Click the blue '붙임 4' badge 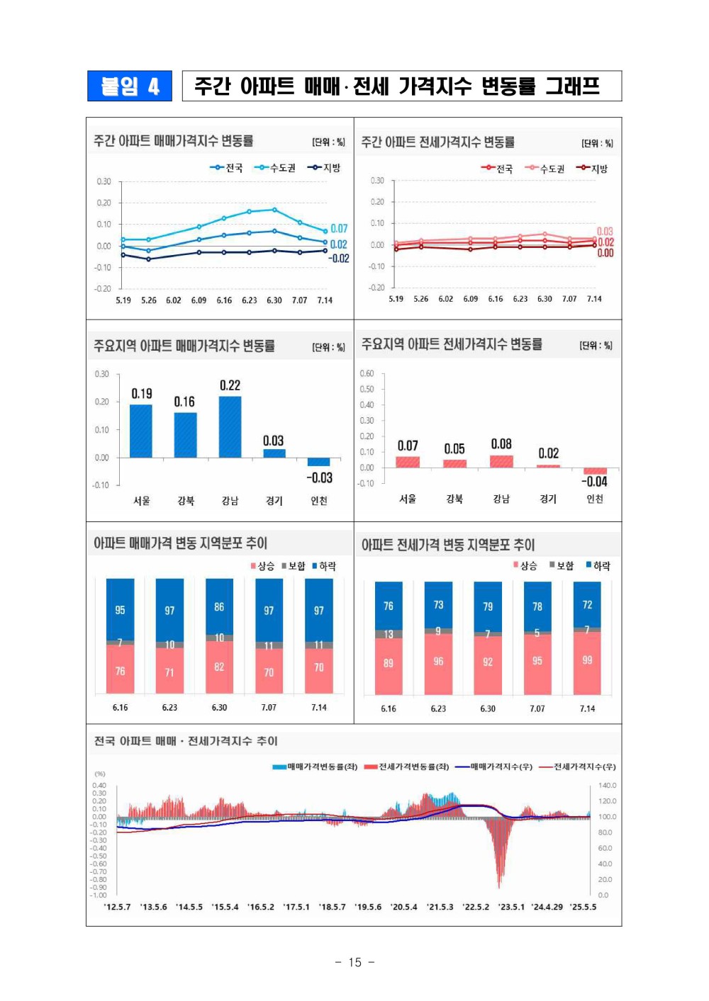pos(130,86)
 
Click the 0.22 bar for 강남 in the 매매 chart pos(230,426)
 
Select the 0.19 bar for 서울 pos(140,431)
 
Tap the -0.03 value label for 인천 pos(319,478)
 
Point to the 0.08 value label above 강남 pos(501,444)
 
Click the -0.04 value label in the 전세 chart pos(594,482)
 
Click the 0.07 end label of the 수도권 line pos(339,229)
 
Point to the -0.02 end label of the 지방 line pos(339,259)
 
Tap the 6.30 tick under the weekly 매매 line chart pos(274,300)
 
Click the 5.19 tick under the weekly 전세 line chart pos(396,299)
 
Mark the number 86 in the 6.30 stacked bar pos(219,607)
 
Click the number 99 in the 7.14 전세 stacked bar pos(587,660)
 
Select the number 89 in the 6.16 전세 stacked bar pos(389,663)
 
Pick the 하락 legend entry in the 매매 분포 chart pos(323,566)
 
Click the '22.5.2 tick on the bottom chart pos(476,907)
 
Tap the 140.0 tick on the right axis pos(608,786)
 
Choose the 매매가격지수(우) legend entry pos(494,767)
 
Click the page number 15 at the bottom pos(354,962)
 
